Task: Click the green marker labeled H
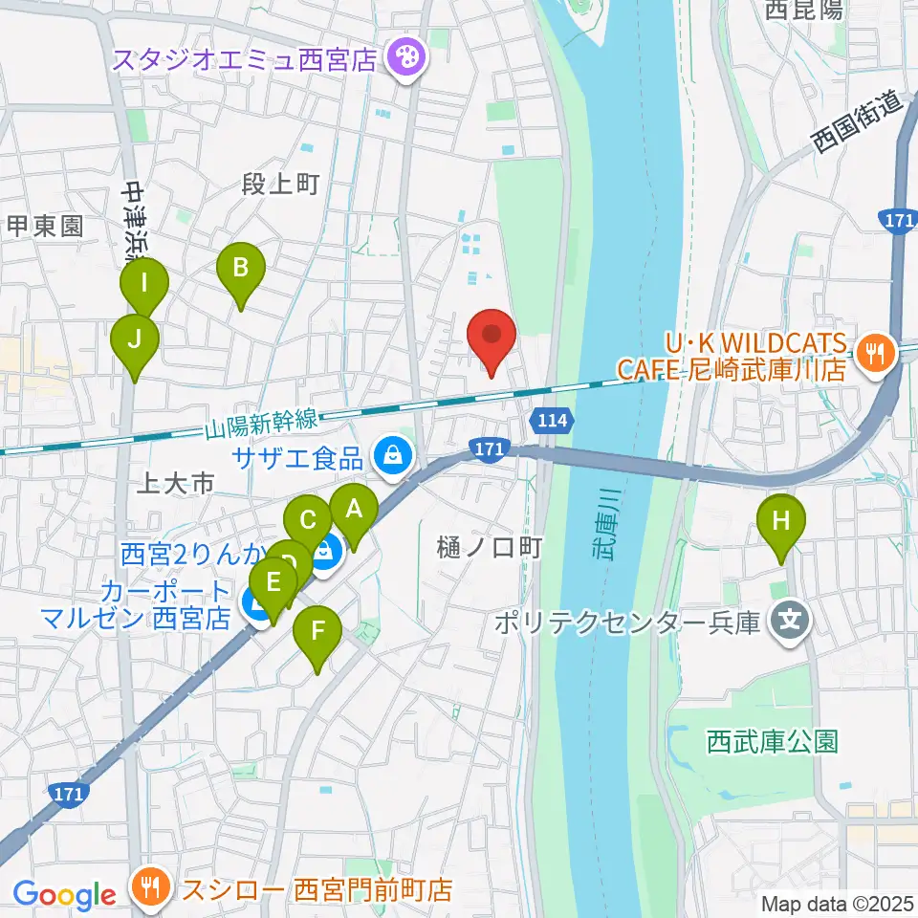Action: click(781, 522)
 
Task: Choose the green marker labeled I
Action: click(143, 285)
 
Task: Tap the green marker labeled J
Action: click(135, 340)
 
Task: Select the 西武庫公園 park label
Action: click(773, 741)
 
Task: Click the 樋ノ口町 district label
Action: click(491, 547)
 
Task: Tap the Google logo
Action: click(64, 894)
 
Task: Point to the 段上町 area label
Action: click(280, 185)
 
